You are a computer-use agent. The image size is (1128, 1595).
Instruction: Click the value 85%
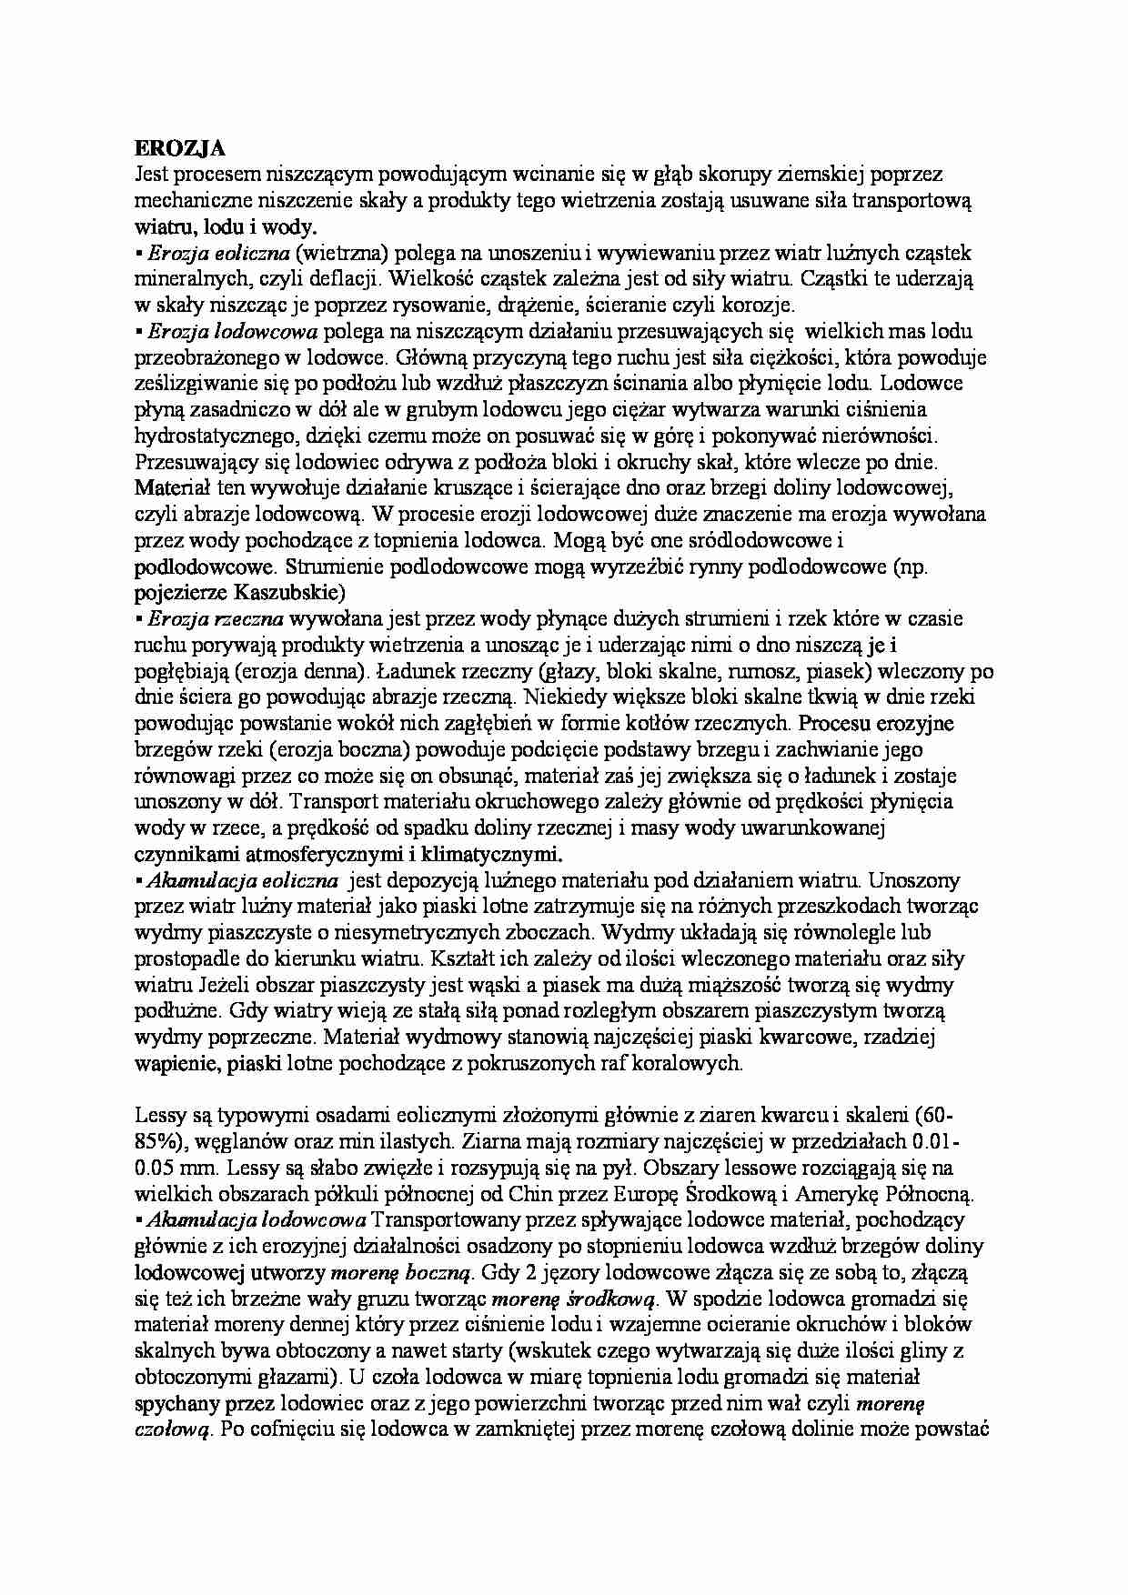156,1141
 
